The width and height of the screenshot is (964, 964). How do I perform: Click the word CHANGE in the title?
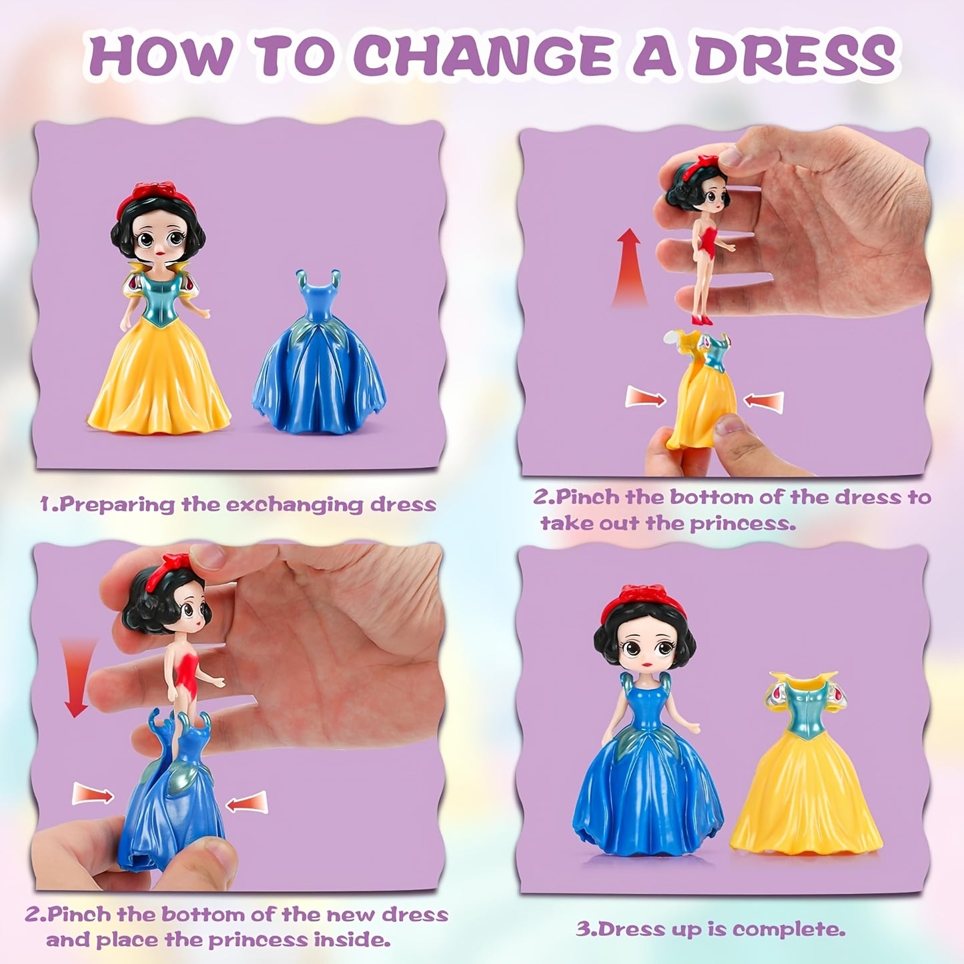(x=486, y=57)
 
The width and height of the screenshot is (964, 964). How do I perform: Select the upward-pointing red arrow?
(x=629, y=267)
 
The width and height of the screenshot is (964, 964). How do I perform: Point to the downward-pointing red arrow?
(x=77, y=677)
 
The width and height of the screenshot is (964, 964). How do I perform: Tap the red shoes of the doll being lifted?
(x=701, y=320)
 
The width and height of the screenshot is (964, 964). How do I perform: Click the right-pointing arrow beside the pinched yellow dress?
(x=645, y=399)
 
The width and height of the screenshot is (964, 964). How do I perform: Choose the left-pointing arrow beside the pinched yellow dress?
(x=763, y=401)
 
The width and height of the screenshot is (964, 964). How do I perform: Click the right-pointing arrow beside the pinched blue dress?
(x=93, y=794)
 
